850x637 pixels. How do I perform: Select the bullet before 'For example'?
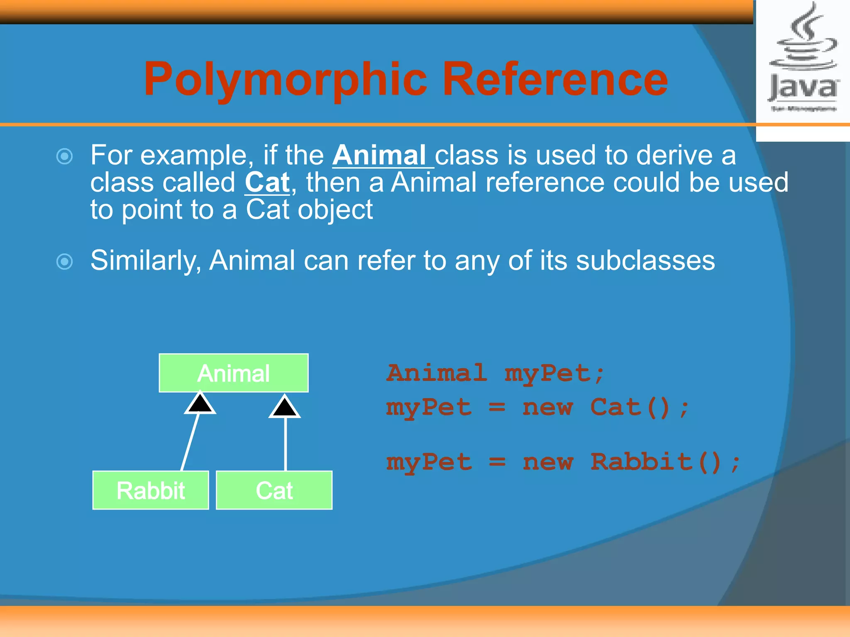coord(65,156)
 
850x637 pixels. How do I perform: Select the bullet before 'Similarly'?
coord(65,262)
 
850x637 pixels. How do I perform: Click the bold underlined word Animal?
coord(379,156)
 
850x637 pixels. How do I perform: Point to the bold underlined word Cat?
coord(267,182)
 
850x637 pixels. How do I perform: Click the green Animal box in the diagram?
coord(234,373)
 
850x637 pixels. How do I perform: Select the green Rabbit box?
coord(151,490)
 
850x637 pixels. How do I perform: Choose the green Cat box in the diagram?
coord(274,490)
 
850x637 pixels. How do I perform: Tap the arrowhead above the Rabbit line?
coord(200,403)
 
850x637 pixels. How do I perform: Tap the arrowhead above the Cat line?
coord(285,406)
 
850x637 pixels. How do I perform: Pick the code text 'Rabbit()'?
coord(656,462)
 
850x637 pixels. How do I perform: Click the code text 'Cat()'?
coord(630,407)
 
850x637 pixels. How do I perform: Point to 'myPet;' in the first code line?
coord(554,373)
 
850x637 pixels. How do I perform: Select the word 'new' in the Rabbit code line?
coord(548,462)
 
